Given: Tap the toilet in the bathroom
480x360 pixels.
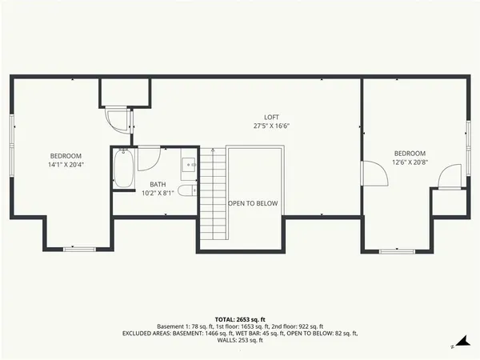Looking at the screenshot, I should [x=186, y=190].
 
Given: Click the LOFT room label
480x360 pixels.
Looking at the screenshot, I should [x=271, y=118].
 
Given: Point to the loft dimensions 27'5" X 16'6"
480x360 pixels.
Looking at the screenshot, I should [x=271, y=126].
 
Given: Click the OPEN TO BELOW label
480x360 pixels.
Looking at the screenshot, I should [x=253, y=203].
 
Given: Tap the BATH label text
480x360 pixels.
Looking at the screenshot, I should [x=158, y=184].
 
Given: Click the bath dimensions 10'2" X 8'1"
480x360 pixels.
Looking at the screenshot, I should [x=158, y=193].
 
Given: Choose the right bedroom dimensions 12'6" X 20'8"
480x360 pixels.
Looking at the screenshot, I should [x=410, y=162].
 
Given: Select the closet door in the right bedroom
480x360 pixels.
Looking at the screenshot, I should [x=451, y=175].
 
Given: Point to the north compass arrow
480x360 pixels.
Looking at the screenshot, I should [x=453, y=346].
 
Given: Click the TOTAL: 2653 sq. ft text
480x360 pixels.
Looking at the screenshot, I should [x=239, y=318].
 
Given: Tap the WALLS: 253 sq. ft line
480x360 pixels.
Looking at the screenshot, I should [x=239, y=341].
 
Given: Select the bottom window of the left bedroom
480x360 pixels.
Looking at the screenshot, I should [x=79, y=250].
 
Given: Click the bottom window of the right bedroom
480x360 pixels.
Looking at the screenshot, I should [x=397, y=250].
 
